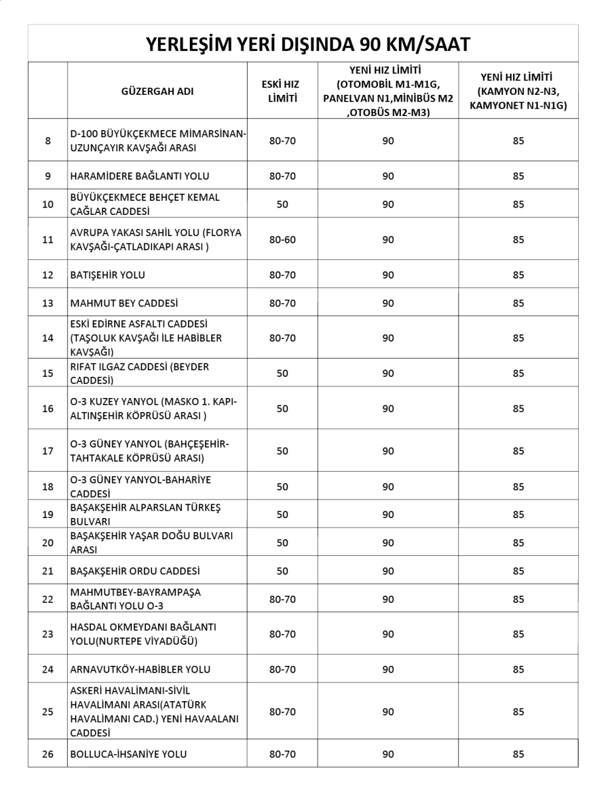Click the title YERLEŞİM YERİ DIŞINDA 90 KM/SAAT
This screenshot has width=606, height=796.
tap(307, 44)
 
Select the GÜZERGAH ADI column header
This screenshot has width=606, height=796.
tap(157, 92)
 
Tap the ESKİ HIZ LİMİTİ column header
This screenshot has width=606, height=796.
tap(283, 92)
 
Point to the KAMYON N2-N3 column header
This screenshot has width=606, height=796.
tap(518, 91)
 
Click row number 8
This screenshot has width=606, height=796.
tap(48, 141)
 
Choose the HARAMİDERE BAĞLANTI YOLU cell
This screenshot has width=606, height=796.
tap(139, 176)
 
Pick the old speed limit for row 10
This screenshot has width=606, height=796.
tap(283, 204)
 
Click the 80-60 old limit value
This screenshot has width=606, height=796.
tap(283, 239)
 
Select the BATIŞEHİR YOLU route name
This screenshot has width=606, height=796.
tap(108, 275)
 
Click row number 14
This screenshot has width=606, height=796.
tap(48, 338)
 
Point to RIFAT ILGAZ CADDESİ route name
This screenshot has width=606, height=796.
tap(139, 373)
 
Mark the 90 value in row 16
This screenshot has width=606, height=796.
tap(388, 409)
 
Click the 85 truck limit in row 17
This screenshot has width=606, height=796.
tap(518, 451)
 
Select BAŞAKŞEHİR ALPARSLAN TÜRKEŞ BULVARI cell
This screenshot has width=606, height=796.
tap(145, 514)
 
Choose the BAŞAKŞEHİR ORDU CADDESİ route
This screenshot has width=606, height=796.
tap(135, 570)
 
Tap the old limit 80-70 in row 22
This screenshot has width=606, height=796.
tap(283, 599)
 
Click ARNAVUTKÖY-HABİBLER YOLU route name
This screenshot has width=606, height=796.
tap(140, 669)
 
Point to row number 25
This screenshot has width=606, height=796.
tap(48, 712)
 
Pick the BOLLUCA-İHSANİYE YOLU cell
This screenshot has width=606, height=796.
tap(128, 754)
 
